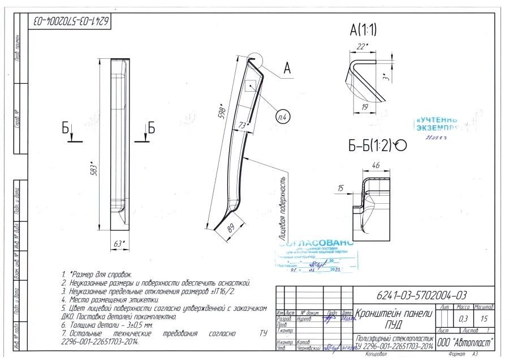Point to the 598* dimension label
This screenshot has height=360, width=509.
[222, 112]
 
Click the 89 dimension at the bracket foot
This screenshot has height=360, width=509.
[230, 228]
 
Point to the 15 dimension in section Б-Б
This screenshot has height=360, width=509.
[340, 187]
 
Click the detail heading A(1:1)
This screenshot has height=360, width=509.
[364, 29]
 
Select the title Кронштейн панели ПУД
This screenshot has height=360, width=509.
[394, 319]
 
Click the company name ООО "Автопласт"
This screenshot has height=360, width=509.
[465, 343]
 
